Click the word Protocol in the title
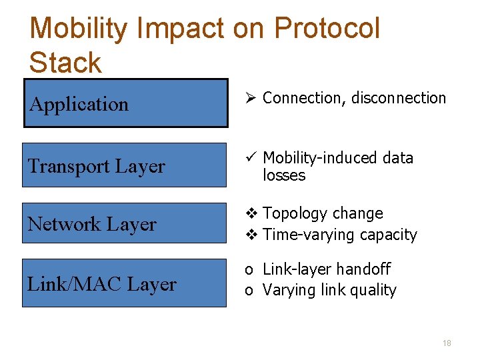click(327, 29)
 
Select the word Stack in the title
click(65, 63)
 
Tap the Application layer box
click(126, 103)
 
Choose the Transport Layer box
click(124, 165)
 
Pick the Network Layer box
click(124, 223)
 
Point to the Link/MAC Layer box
click(124, 283)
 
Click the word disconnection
click(399, 98)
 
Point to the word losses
click(284, 175)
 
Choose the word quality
click(374, 291)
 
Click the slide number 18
click(447, 343)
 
